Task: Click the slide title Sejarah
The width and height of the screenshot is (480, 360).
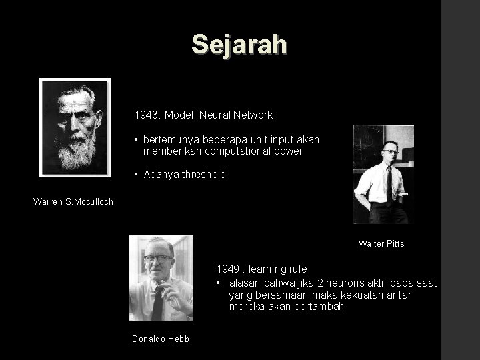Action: [239, 44]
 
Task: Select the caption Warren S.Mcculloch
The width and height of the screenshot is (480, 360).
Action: [73, 201]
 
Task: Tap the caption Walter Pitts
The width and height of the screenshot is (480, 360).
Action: [381, 243]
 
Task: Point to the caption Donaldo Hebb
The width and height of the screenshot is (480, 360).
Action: [161, 339]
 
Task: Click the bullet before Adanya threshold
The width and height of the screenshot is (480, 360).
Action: [135, 174]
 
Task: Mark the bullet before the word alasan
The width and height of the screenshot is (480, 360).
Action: [219, 282]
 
